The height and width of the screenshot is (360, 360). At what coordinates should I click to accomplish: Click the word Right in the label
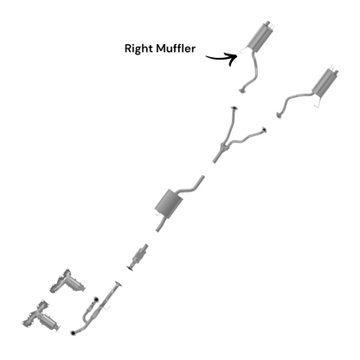click(x=138, y=48)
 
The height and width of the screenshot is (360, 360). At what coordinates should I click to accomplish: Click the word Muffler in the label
click(x=176, y=48)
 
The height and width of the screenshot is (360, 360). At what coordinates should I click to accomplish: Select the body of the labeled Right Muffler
click(x=259, y=37)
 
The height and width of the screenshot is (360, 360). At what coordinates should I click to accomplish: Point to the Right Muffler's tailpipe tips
click(x=269, y=24)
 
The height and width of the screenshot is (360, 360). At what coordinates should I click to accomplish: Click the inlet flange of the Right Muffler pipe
click(x=243, y=90)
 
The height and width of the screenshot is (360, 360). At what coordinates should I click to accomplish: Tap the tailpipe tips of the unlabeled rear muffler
click(x=334, y=70)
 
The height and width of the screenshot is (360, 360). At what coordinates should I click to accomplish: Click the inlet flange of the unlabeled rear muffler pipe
click(x=279, y=115)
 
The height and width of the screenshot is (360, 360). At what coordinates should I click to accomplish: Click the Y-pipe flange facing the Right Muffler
click(x=235, y=108)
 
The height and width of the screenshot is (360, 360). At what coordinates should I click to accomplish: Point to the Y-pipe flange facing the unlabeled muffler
click(x=264, y=130)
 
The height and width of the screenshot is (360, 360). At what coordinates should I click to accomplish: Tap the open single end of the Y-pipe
click(x=215, y=160)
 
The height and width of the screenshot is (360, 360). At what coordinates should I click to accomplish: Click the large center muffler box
click(x=169, y=202)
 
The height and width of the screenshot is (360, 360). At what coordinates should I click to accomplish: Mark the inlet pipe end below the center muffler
click(x=157, y=229)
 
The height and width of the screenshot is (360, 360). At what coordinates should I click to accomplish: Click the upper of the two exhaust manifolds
click(x=67, y=281)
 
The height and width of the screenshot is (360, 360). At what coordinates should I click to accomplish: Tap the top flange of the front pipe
click(x=118, y=284)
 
